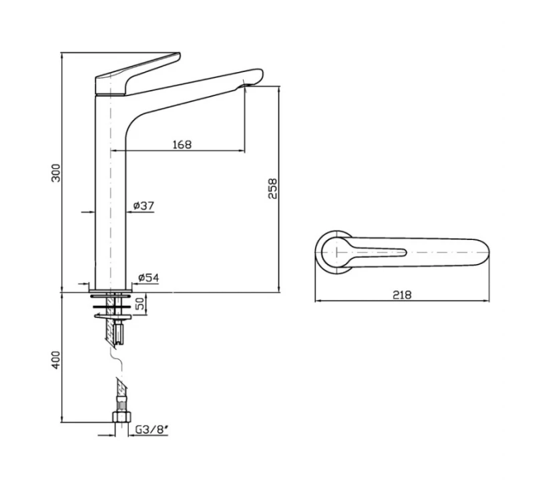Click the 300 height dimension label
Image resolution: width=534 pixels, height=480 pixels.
[x=56, y=173]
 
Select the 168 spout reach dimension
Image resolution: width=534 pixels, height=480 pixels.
[x=182, y=145]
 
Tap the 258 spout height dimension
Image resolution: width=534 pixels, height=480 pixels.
[x=273, y=188]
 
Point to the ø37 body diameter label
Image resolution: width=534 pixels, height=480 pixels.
[x=144, y=206]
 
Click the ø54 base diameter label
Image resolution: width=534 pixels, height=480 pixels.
[x=148, y=278]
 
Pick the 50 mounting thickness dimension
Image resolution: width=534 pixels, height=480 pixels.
[x=140, y=303]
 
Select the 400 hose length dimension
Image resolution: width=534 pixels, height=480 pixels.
[x=56, y=359]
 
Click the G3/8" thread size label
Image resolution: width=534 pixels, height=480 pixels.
[x=152, y=429]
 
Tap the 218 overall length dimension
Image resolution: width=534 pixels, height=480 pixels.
[x=403, y=295]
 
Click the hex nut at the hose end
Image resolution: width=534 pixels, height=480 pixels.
[x=121, y=417]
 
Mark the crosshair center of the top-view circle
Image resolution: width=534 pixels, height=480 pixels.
[x=336, y=253]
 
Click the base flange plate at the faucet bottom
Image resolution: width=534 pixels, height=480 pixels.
[x=110, y=291]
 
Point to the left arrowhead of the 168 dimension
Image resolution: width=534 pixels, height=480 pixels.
[x=113, y=151]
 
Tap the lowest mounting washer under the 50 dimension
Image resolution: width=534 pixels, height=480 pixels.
[x=113, y=317]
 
